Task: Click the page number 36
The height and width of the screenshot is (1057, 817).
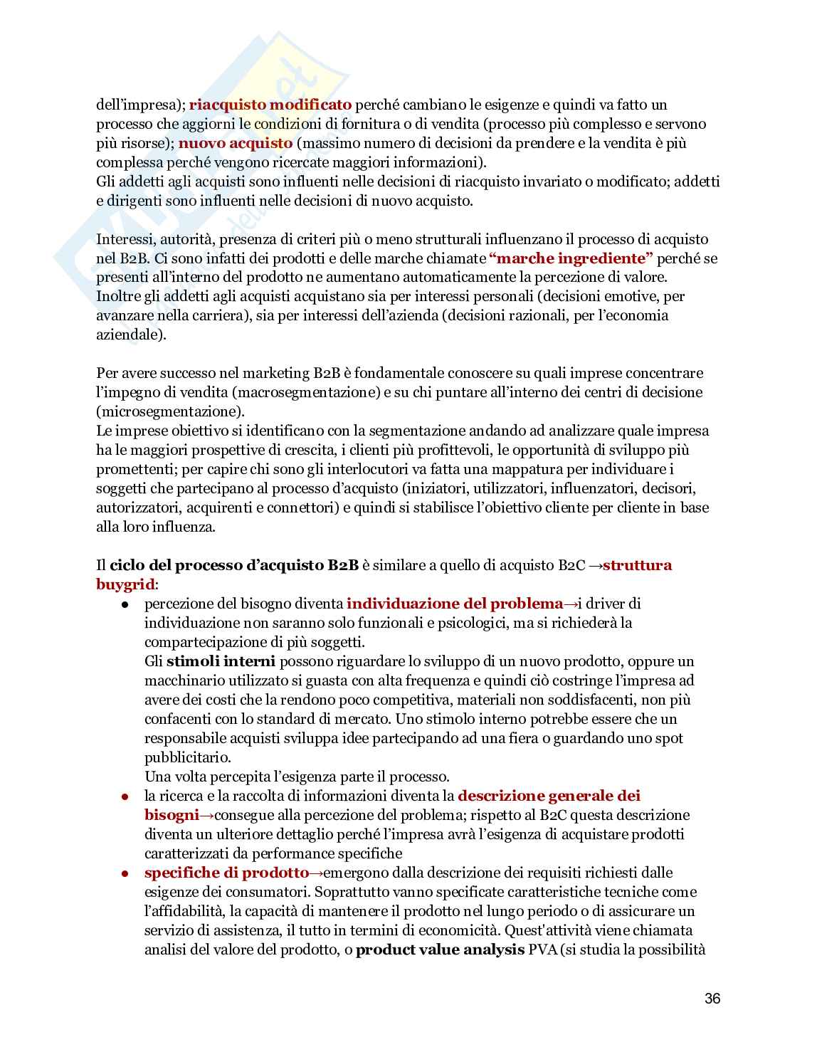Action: (x=712, y=999)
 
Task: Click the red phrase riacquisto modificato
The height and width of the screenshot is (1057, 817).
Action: (x=270, y=105)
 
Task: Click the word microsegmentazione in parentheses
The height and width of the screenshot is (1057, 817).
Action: (x=169, y=411)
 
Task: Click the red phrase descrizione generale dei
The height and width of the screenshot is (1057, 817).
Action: (x=549, y=796)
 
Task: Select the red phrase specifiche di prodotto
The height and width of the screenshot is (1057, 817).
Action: (x=226, y=873)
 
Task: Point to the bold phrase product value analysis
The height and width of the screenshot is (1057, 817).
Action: (x=439, y=950)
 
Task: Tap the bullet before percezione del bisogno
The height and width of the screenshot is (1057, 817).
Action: (x=125, y=604)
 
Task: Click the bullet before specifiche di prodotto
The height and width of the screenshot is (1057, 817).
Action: (x=125, y=873)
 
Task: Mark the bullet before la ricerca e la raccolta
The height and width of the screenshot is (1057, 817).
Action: (x=125, y=796)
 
